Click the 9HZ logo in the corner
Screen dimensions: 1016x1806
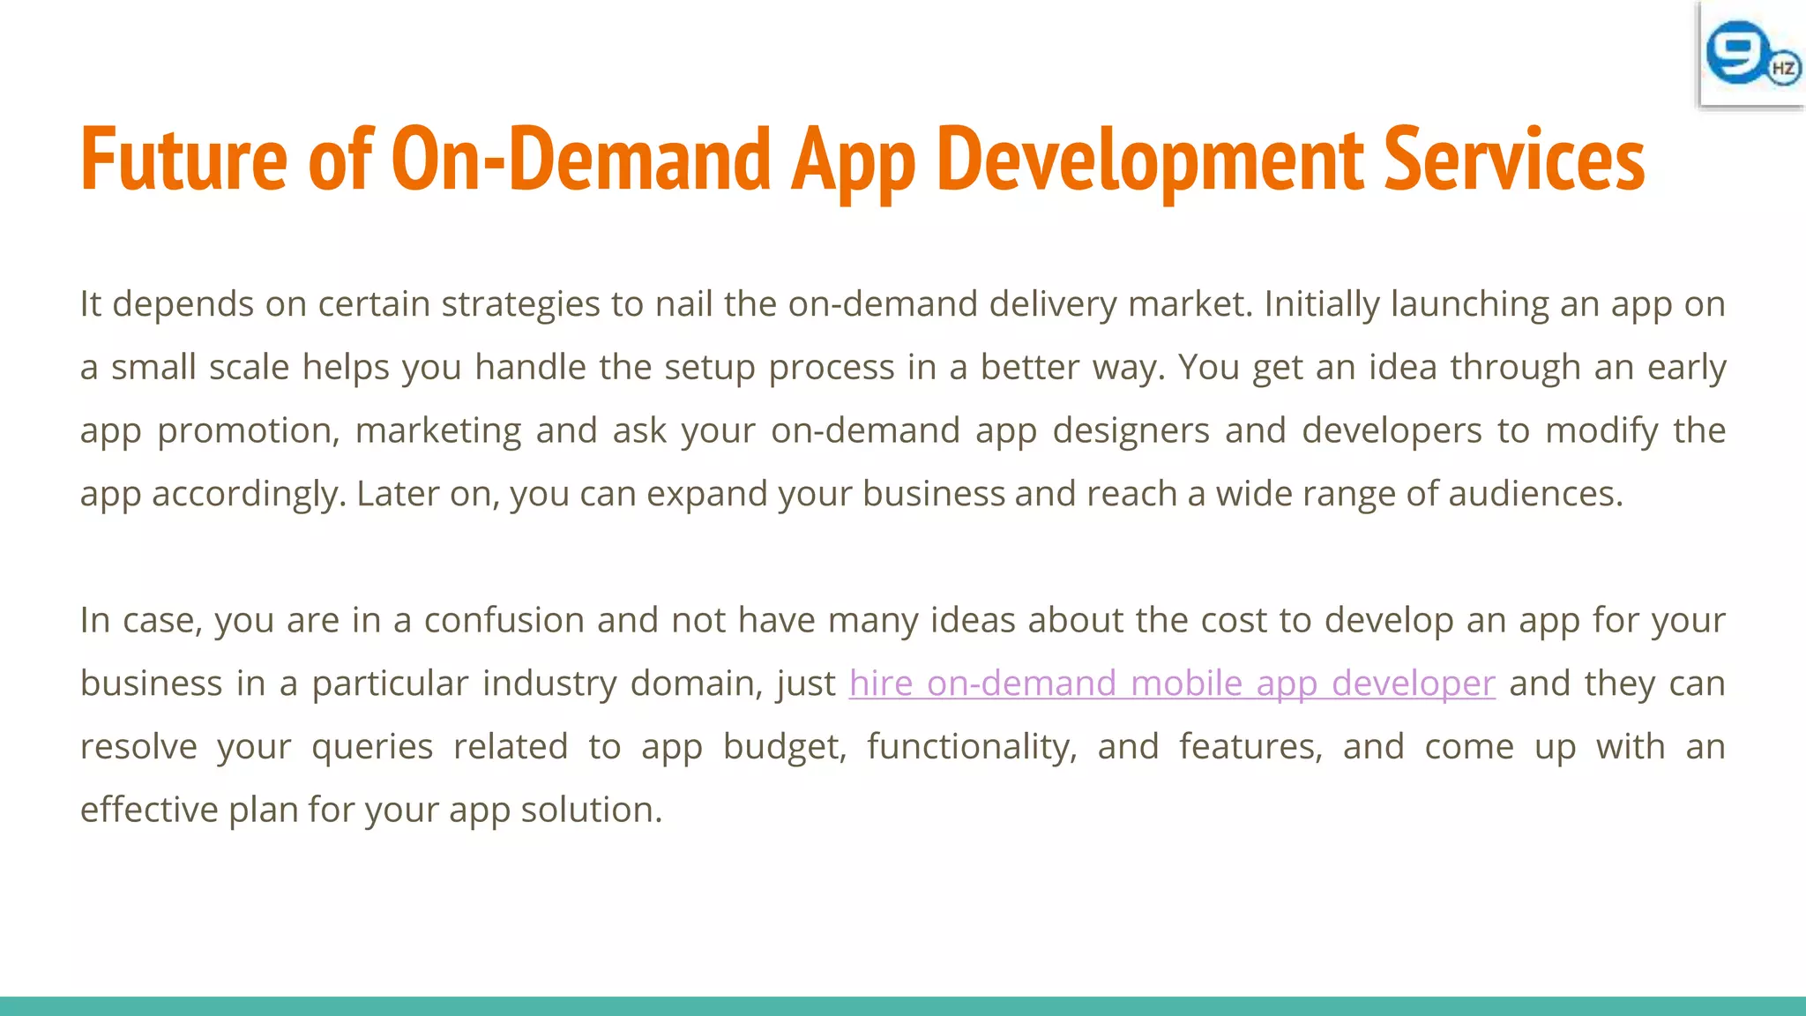[1751, 55]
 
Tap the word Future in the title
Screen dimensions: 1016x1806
[183, 160]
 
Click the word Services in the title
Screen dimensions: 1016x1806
[1513, 160]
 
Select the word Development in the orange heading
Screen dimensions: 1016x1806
[1150, 160]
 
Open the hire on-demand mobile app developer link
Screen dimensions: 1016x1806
[1172, 684]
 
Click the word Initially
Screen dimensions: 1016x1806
[1321, 304]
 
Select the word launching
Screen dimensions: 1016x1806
[1469, 304]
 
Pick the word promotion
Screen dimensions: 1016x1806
[248, 431]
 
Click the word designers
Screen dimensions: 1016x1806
[1131, 431]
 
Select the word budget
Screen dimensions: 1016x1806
[784, 747]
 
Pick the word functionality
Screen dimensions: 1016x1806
[972, 747]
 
